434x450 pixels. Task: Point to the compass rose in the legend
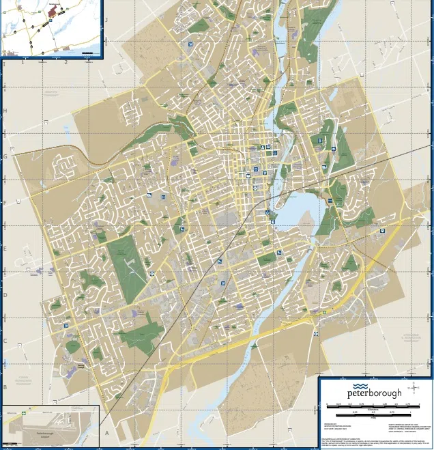pos(415,389)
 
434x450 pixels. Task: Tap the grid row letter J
pos(106,20)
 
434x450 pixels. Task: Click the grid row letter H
pos(5,111)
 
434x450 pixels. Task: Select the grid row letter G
pos(5,156)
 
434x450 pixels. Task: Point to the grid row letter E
pos(5,249)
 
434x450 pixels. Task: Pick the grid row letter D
pos(5,295)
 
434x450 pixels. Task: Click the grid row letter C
pos(5,341)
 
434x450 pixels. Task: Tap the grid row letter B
pos(5,387)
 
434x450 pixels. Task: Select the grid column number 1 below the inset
pos(23,63)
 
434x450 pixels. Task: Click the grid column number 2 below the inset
pos(66,63)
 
